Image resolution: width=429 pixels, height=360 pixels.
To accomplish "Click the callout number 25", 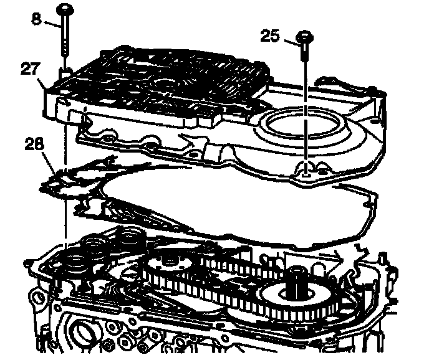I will (270, 37).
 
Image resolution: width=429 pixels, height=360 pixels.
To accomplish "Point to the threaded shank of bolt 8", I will (65, 40).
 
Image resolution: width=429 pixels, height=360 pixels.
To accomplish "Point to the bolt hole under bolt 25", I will (305, 166).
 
